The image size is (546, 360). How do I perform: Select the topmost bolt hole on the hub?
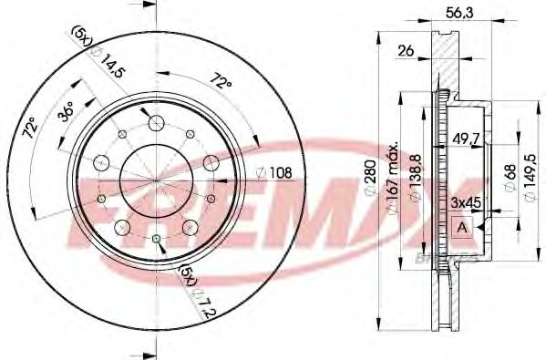tap(153, 123)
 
